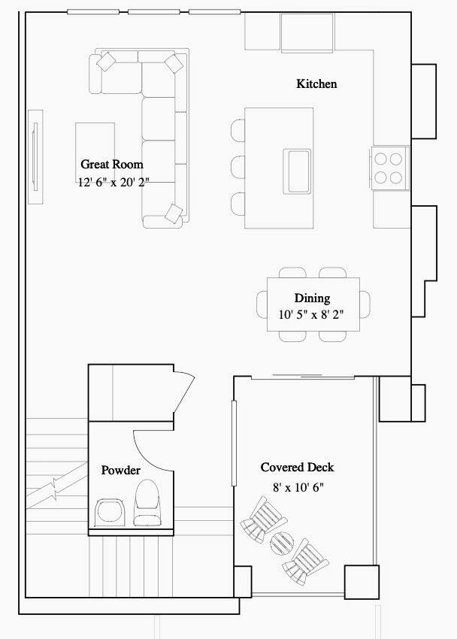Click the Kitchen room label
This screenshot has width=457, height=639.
pyautogui.click(x=316, y=84)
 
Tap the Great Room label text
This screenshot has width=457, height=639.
pyautogui.click(x=112, y=164)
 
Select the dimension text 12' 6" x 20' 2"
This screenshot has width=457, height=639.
pyautogui.click(x=113, y=182)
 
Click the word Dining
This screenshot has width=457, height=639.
pyautogui.click(x=313, y=298)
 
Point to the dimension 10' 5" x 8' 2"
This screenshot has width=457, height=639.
pyautogui.click(x=311, y=314)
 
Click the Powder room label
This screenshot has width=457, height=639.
pyautogui.click(x=120, y=471)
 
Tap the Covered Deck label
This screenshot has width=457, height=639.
pyautogui.click(x=298, y=467)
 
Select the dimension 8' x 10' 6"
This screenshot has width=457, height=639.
pyautogui.click(x=298, y=487)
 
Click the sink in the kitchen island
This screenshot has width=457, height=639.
pyautogui.click(x=297, y=171)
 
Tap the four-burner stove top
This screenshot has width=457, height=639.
pyautogui.click(x=389, y=168)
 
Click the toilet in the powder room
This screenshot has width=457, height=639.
pyautogui.click(x=147, y=502)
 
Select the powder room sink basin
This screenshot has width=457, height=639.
pyautogui.click(x=109, y=512)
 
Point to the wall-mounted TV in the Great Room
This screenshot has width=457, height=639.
pyautogui.click(x=35, y=156)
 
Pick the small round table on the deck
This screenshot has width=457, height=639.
pyautogui.click(x=282, y=543)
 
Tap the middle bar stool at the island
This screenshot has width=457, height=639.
pyautogui.click(x=238, y=167)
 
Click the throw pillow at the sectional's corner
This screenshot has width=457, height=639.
pyautogui.click(x=174, y=64)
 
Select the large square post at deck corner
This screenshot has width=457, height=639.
pyautogui.click(x=362, y=582)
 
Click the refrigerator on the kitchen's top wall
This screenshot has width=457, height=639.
pyautogui.click(x=307, y=32)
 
